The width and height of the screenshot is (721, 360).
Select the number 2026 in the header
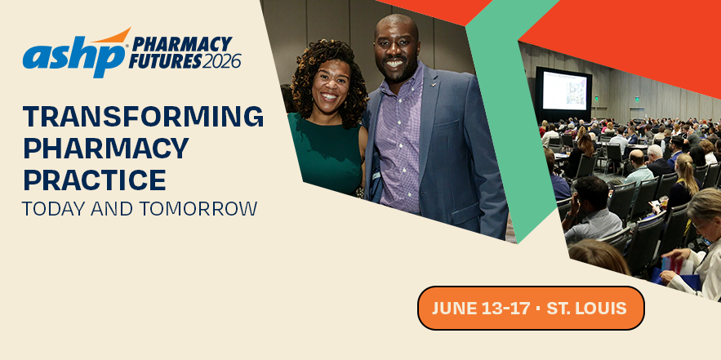(217, 61)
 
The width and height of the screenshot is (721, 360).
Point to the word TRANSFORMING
(143, 117)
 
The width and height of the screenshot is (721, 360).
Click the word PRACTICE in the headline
(94, 179)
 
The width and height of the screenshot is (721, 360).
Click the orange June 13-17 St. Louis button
(531, 308)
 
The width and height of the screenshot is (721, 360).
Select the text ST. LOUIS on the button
(586, 309)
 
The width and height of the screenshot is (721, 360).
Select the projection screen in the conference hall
(563, 91)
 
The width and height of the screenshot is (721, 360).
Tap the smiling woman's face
(329, 87)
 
